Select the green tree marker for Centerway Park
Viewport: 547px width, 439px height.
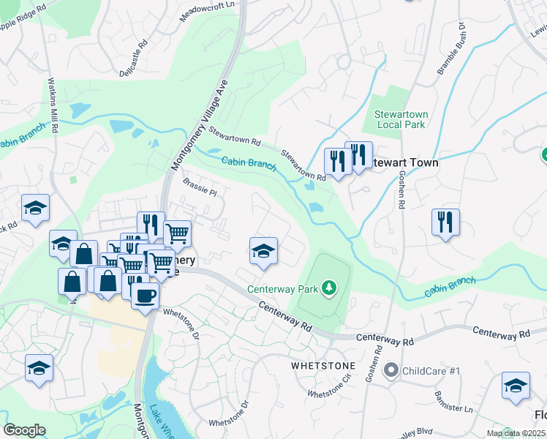tap(329, 288)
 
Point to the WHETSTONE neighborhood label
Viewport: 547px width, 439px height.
tap(323, 365)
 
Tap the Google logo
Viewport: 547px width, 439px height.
tap(24, 429)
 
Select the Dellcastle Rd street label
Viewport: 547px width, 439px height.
tap(133, 64)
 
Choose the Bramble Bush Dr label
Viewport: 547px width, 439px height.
tap(452, 48)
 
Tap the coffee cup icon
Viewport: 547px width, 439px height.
tap(146, 295)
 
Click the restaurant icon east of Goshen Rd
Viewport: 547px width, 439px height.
tap(445, 221)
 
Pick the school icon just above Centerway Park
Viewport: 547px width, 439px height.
tap(263, 251)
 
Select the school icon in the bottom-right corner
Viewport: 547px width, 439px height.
tap(516, 386)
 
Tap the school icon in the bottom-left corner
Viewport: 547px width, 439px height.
tap(39, 368)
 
